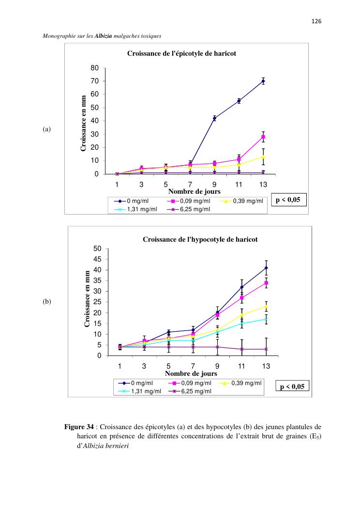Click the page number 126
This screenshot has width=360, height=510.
[x=316, y=21]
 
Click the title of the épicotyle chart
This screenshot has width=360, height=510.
[x=181, y=54]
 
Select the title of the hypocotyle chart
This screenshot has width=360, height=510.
[x=200, y=239]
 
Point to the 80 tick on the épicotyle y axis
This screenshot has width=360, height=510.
[x=99, y=68]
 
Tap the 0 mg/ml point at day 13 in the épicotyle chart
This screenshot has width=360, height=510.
[x=263, y=81]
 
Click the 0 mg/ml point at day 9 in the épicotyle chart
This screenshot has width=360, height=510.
[x=214, y=118]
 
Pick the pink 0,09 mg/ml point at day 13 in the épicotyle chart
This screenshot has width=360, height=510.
[x=263, y=137]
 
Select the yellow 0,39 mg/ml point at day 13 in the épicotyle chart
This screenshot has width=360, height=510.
[x=263, y=156]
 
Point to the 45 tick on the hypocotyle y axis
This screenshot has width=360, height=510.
[x=97, y=259]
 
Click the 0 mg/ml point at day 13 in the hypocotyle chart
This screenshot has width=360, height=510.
[x=266, y=268]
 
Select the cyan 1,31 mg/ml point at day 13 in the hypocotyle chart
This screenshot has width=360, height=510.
[x=266, y=319]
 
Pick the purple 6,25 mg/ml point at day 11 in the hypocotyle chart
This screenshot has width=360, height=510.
[x=242, y=349]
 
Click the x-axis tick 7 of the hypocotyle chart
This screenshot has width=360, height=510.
[x=193, y=366]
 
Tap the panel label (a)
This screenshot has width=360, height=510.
[x=47, y=129]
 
